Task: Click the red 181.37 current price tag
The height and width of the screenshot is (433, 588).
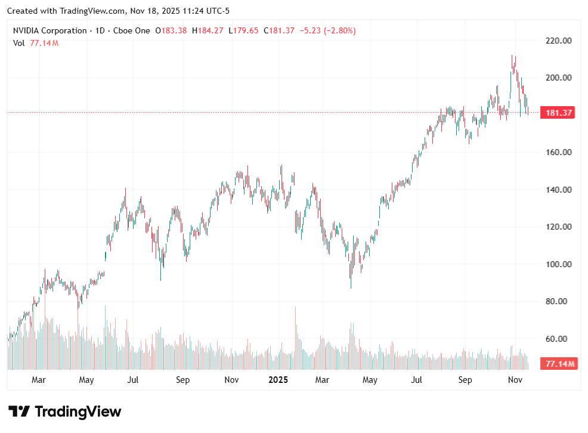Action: click(558, 113)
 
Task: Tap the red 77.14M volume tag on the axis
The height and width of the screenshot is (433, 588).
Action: click(558, 363)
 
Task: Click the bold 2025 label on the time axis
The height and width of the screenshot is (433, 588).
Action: click(278, 380)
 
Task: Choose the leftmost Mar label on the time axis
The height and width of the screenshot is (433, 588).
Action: click(39, 380)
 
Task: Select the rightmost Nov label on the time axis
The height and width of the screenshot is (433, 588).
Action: click(515, 380)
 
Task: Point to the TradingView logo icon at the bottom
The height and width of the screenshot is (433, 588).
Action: click(19, 412)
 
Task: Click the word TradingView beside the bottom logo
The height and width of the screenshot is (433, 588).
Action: click(78, 412)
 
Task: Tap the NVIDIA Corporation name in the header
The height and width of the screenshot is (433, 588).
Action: click(49, 30)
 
